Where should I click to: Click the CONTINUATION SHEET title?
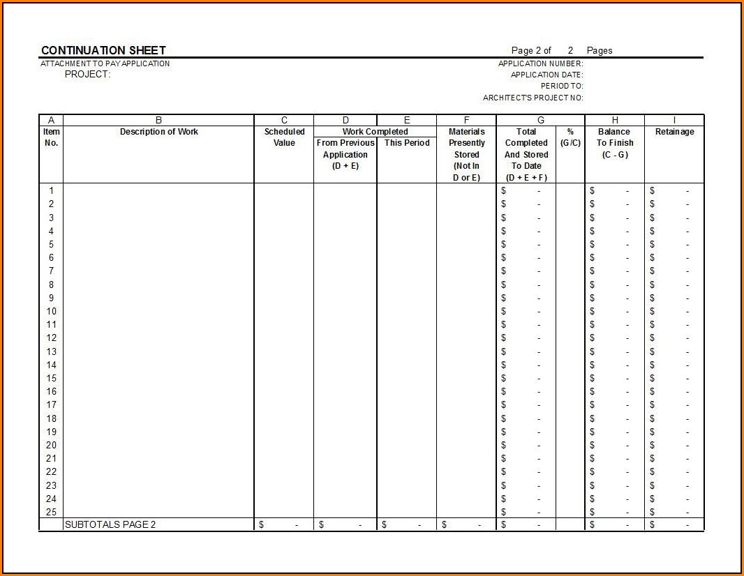pyautogui.click(x=103, y=50)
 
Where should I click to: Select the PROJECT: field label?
pyautogui.click(x=87, y=75)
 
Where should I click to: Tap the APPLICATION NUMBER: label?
pyautogui.click(x=540, y=63)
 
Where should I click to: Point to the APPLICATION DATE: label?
pyautogui.click(x=546, y=75)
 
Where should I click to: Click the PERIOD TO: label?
pyautogui.click(x=562, y=86)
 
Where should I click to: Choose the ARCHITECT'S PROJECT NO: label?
pyautogui.click(x=533, y=98)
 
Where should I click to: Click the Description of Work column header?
pyautogui.click(x=158, y=132)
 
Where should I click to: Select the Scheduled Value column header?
pyautogui.click(x=284, y=137)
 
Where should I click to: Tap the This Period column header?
pyautogui.click(x=407, y=143)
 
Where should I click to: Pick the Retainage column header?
pyautogui.click(x=674, y=132)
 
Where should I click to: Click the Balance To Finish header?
pyautogui.click(x=614, y=143)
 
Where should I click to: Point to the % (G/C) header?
pyautogui.click(x=570, y=137)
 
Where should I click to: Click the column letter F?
pyautogui.click(x=466, y=120)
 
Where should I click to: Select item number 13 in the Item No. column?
pyautogui.click(x=51, y=351)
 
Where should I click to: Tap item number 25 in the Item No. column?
pyautogui.click(x=51, y=512)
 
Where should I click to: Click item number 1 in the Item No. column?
pyautogui.click(x=51, y=190)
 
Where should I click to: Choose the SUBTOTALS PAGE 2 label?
pyautogui.click(x=110, y=524)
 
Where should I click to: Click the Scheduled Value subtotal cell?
pyautogui.click(x=283, y=524)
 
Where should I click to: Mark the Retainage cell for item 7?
pyautogui.click(x=674, y=271)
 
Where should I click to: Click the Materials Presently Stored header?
pyautogui.click(x=466, y=154)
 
